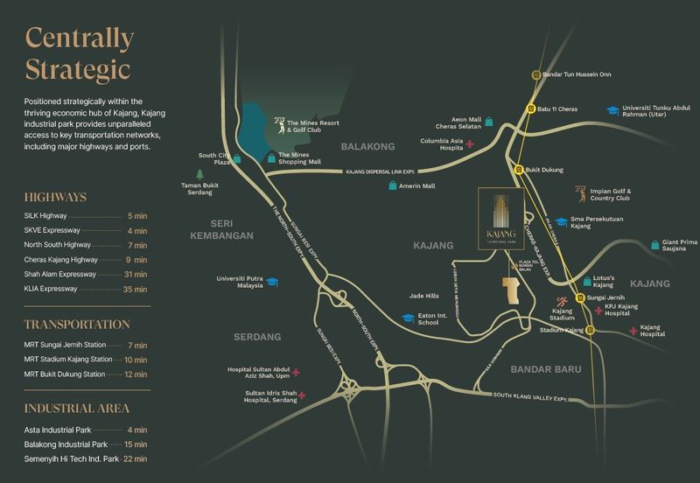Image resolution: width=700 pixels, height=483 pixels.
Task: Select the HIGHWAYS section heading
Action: pos(55,197)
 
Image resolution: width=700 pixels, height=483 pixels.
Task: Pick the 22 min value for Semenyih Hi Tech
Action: pos(136,458)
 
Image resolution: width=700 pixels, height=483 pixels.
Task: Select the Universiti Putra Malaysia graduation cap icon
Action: pos(272,281)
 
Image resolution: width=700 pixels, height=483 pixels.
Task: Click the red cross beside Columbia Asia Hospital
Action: pos(470,142)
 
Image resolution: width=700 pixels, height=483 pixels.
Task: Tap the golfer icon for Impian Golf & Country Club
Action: pos(580,189)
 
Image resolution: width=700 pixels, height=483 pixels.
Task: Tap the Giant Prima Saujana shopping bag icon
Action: pos(654,245)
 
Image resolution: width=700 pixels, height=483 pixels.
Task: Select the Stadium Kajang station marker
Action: pos(591,331)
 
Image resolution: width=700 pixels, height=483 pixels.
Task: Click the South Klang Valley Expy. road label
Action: pos(530,398)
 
